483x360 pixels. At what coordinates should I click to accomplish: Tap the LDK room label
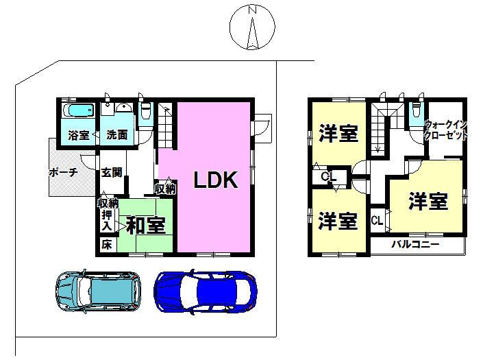(214, 180)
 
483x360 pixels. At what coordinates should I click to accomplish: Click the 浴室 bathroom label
(78, 135)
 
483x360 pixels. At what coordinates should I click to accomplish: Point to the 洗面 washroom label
(116, 135)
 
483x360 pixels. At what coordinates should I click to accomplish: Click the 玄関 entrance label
(112, 173)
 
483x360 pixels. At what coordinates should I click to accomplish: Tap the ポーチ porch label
(63, 173)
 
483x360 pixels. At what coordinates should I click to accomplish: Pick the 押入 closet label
(107, 220)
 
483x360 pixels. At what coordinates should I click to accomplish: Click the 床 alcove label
(106, 244)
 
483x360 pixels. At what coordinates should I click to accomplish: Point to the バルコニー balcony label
(414, 244)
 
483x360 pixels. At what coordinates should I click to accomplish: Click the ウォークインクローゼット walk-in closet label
(446, 130)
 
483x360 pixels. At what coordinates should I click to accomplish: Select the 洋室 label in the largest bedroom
(428, 201)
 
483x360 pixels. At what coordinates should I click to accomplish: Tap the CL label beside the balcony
(377, 221)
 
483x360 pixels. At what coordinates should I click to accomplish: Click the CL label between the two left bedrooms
(330, 178)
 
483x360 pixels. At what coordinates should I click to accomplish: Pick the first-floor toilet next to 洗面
(145, 114)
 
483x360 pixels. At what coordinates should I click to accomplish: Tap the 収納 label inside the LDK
(165, 188)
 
